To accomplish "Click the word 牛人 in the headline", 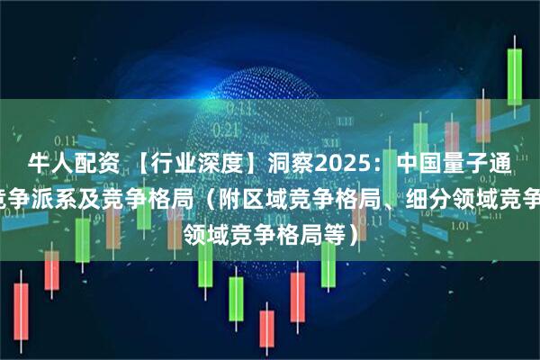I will point(47,164).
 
